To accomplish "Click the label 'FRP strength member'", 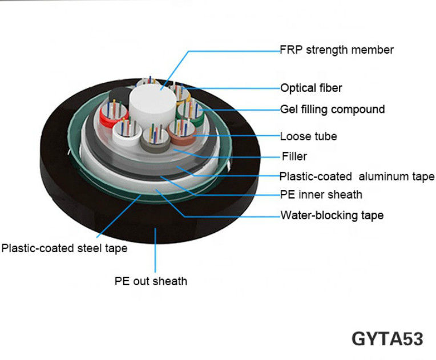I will [337, 50].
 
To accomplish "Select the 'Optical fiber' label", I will [311, 88].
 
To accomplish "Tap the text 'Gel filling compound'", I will [332, 109].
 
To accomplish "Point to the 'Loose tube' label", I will [308, 136].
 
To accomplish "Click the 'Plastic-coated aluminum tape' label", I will [357, 176].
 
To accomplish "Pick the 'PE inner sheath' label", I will [321, 195].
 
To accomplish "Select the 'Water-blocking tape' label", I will [332, 216].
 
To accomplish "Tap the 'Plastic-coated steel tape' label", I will [64, 248].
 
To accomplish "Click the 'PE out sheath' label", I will [151, 281].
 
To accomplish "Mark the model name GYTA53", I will [387, 338].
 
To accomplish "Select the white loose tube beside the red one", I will [125, 132].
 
